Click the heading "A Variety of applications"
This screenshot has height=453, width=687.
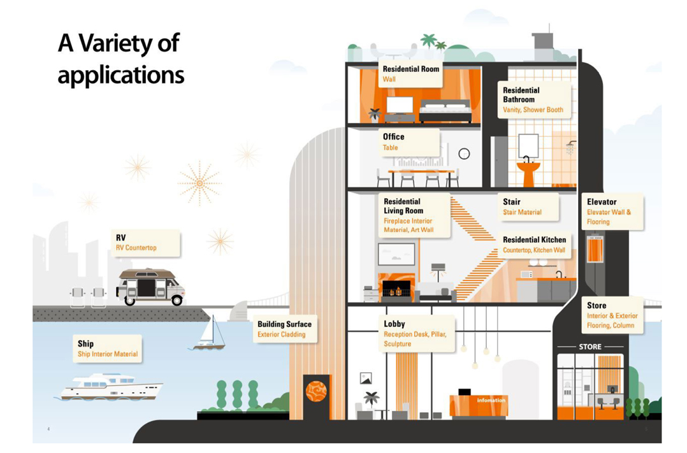(120, 59)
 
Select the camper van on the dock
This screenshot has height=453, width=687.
(150, 287)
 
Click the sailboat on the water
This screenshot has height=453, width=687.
(211, 334)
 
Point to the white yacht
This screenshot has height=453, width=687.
(110, 386)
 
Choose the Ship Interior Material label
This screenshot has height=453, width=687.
(107, 349)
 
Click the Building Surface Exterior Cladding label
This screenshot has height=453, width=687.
(284, 329)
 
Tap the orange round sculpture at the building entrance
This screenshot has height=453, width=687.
(316, 391)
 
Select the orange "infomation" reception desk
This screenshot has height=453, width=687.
(478, 405)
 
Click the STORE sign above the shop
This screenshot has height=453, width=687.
(589, 347)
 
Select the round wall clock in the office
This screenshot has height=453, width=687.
(464, 154)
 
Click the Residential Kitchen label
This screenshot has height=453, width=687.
(534, 245)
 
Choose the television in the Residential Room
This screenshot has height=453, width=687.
(400, 106)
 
